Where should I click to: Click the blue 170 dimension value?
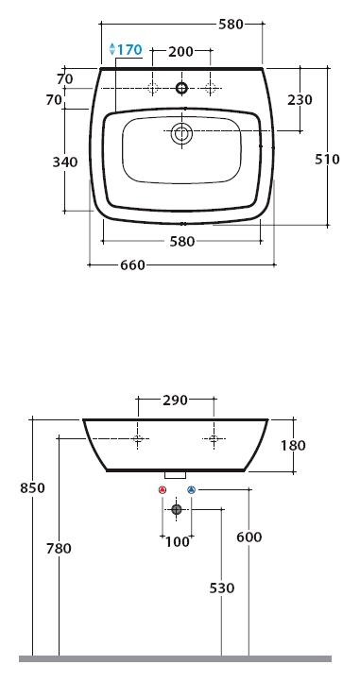point(129,49)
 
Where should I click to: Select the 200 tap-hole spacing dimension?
point(180,52)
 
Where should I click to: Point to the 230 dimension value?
point(300,100)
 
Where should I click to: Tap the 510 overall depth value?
point(327,160)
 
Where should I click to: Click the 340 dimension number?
point(65,162)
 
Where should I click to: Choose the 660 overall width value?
point(132,265)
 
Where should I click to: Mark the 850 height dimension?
point(32,488)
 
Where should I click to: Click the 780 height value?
point(59,549)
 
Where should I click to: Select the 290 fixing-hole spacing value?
point(175,401)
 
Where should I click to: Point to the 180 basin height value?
point(294,446)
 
